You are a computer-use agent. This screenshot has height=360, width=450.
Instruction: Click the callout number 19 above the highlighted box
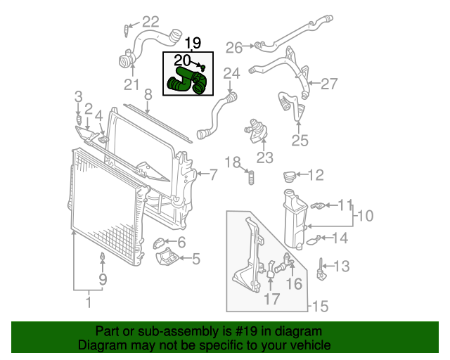pos(193,42)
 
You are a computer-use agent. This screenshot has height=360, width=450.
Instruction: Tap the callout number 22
pos(150,22)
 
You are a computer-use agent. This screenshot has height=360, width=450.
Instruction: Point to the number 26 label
pos(233,48)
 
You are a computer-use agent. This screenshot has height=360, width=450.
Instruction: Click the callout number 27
pos(330,84)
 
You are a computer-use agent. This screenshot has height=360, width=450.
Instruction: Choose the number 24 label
pos(231,73)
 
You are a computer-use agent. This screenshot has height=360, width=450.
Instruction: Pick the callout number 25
pos(300,141)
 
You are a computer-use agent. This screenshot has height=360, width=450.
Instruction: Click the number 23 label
pos(264,157)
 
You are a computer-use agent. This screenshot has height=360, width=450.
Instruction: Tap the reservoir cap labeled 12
pos(291,174)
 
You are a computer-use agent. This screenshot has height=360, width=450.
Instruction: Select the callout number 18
pos(233,163)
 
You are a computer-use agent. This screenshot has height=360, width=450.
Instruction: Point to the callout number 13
pos(340,266)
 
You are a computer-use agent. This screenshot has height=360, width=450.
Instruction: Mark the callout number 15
pos(320,307)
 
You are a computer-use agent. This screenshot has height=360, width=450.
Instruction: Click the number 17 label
pos(271,299)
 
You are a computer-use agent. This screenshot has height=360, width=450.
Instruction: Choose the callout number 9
pos(103,281)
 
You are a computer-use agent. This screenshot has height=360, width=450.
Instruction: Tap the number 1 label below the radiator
pos(88,302)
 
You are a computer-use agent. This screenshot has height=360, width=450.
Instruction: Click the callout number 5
pos(195,259)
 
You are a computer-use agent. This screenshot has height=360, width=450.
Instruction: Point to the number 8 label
pos(148,94)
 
